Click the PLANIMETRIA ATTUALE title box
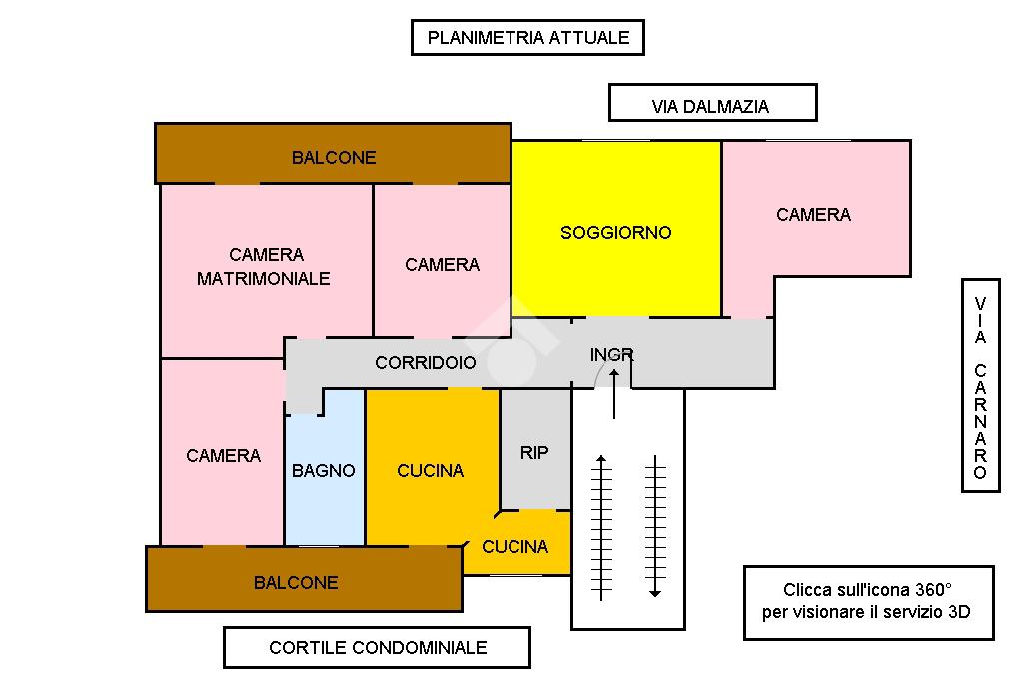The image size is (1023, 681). click(x=527, y=38)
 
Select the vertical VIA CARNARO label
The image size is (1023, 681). click(x=980, y=385)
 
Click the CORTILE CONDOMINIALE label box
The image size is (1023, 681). click(x=377, y=647)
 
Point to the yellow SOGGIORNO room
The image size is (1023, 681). click(x=615, y=232)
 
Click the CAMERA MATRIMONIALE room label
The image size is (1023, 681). click(x=264, y=267)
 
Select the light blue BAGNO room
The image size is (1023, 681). click(x=324, y=470)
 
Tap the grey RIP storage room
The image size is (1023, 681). click(x=534, y=452)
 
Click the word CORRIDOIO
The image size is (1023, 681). click(x=426, y=363)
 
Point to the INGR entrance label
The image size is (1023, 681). click(x=611, y=355)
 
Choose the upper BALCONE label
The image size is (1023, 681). click(x=334, y=157)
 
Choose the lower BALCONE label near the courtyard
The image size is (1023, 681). click(x=296, y=582)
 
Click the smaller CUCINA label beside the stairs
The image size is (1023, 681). click(x=514, y=546)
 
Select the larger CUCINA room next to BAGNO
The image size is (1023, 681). click(x=431, y=470)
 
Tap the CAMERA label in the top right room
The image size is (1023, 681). click(x=813, y=214)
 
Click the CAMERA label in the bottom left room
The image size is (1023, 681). click(x=223, y=455)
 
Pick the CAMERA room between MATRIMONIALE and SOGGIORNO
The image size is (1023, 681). click(x=442, y=264)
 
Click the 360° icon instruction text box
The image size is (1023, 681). click(x=868, y=602)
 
